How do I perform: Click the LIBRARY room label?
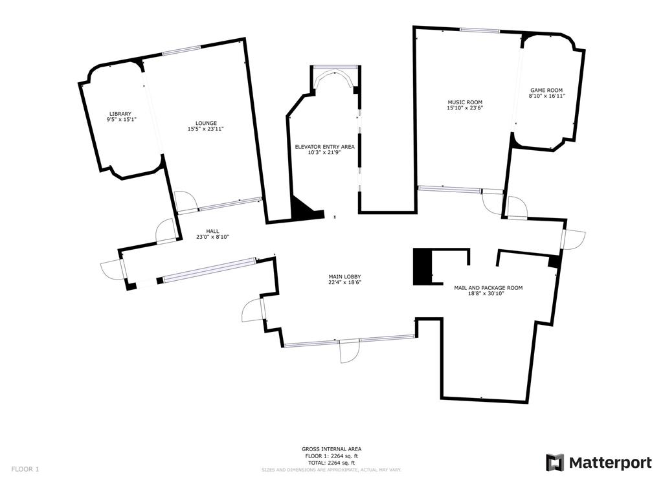tap(120, 114)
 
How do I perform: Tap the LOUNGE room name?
tap(207, 123)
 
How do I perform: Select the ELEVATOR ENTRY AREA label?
tap(324, 147)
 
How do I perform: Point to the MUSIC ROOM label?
tap(465, 102)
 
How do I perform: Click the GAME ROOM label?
tap(546, 91)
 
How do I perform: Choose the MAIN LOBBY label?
tap(344, 276)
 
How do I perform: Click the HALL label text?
tap(212, 231)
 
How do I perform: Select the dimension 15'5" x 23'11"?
tap(207, 129)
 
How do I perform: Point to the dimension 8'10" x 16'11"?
tap(546, 96)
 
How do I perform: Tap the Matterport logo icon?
tap(555, 463)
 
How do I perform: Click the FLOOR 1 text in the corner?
tap(25, 469)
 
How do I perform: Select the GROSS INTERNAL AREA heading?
tap(331, 449)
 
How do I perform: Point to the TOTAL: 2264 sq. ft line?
tap(331, 463)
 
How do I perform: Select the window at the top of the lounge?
tap(181, 53)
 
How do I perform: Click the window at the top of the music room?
tap(479, 30)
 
